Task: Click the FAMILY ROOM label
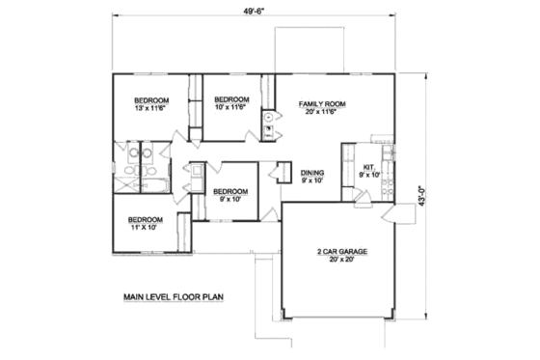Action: coord(322,103)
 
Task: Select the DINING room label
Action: coord(311,172)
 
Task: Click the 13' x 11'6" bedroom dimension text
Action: coord(151,109)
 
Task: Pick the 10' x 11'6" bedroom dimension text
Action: coord(231,107)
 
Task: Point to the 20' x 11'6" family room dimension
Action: coord(322,112)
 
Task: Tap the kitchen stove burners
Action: coord(388,155)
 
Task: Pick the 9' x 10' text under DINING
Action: coord(311,180)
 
